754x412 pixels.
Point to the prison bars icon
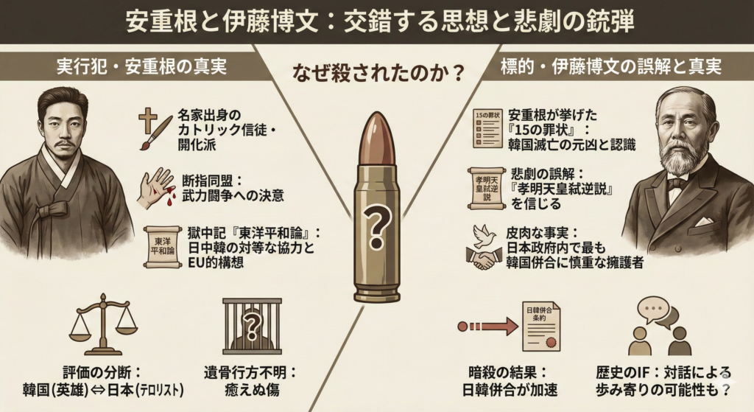(x=252, y=324)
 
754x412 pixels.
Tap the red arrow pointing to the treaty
(x=487, y=326)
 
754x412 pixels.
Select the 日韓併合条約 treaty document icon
(x=541, y=326)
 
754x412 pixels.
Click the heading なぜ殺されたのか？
(x=378, y=74)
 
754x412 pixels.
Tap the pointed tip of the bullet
(x=377, y=117)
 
